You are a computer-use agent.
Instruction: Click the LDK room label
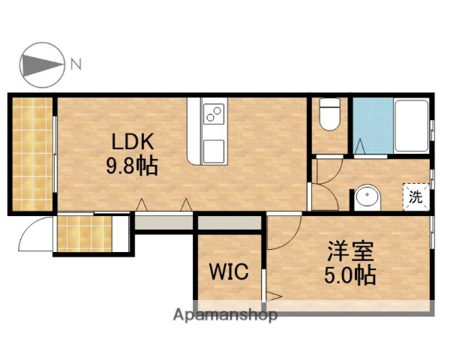click(133, 142)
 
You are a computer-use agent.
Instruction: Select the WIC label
click(228, 272)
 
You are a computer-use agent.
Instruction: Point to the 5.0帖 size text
click(350, 275)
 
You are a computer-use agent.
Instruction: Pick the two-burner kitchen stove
click(214, 114)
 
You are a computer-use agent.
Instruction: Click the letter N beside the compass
click(76, 64)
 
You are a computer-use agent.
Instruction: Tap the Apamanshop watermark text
click(225, 315)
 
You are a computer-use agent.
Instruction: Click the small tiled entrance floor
click(84, 233)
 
